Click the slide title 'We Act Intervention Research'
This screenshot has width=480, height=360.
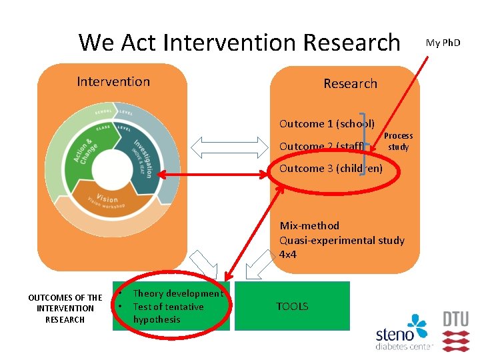239,42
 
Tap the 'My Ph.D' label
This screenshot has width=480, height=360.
443,43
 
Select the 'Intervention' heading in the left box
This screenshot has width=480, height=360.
113,82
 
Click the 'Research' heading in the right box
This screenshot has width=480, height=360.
350,84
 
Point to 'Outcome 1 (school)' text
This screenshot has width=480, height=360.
327,123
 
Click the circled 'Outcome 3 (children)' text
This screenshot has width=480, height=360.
331,169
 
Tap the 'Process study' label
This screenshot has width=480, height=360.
399,141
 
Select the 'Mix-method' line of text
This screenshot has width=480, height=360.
309,226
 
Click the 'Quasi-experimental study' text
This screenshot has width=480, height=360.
341,240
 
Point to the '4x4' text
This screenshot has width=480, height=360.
288,255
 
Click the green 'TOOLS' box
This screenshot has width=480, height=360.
292,307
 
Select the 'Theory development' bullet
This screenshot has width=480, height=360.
177,294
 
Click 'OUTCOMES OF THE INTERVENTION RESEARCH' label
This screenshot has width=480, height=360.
65,309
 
